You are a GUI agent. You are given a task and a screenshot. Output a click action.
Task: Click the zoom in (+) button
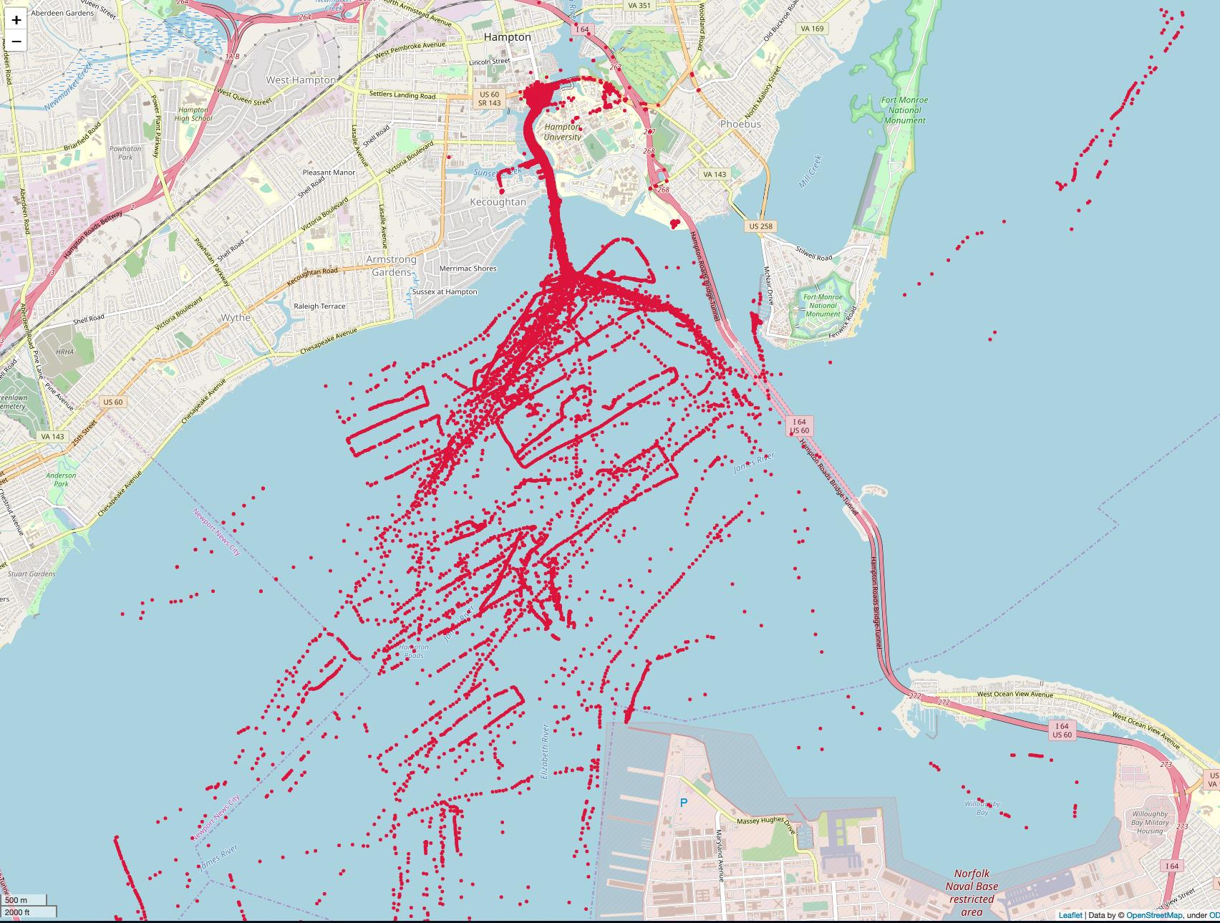click(x=16, y=19)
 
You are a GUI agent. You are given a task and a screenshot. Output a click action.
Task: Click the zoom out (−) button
click(x=16, y=42)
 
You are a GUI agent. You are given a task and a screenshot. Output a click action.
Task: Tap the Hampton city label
click(x=508, y=37)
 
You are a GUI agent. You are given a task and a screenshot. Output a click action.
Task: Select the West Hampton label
click(x=301, y=79)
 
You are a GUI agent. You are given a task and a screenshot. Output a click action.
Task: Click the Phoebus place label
click(x=740, y=124)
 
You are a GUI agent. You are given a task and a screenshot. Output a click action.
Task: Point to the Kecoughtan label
click(x=498, y=202)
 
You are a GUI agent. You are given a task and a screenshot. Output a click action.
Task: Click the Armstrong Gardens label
click(x=392, y=266)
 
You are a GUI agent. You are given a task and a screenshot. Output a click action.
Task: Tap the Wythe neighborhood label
click(x=235, y=317)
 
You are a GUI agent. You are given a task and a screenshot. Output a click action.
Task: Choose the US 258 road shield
click(x=761, y=226)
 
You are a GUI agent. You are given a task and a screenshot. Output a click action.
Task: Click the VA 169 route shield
click(x=813, y=29)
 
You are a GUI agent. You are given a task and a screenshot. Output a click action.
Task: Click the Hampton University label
click(x=562, y=132)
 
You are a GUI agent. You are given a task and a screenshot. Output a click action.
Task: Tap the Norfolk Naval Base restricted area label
click(x=972, y=892)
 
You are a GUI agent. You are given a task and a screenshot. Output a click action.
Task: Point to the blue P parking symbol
click(x=683, y=803)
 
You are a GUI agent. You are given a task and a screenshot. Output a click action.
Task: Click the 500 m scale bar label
click(x=17, y=900)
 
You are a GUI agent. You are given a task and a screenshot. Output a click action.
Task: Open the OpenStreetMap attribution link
click(x=1153, y=915)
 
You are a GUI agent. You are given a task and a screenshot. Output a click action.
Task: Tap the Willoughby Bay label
click(x=982, y=808)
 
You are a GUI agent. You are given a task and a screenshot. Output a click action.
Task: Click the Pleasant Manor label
click(x=329, y=173)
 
